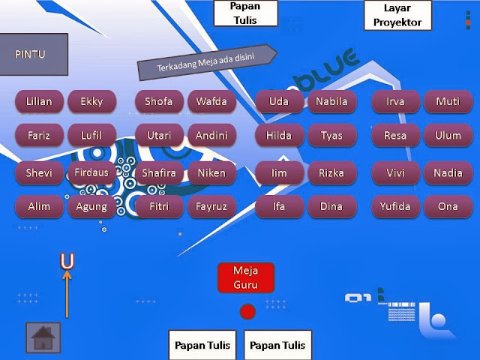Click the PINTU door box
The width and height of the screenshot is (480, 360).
[x=34, y=54]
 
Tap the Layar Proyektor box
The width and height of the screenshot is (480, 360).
[x=403, y=15]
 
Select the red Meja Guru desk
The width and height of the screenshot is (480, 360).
[x=245, y=277]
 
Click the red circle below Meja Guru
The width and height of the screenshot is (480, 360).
[x=247, y=311]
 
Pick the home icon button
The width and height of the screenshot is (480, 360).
[x=43, y=338]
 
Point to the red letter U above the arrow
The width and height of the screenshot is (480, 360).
[x=67, y=261]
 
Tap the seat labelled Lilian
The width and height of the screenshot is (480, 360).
[x=39, y=101]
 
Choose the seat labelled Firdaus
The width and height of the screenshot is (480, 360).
[x=91, y=172]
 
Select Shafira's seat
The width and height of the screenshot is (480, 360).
[x=159, y=172]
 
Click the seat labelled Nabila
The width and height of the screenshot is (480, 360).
[x=331, y=101]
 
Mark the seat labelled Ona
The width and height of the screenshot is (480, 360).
[x=448, y=206]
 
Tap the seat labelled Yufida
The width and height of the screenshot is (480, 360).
[x=395, y=206]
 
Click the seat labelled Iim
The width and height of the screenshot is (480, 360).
[x=279, y=172]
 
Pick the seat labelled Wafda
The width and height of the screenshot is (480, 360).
[x=211, y=101]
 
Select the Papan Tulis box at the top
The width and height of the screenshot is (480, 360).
[x=245, y=13]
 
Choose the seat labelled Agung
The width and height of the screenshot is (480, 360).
[x=91, y=206]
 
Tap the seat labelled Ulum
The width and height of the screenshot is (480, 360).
[x=448, y=136]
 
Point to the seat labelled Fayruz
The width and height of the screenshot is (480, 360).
[x=211, y=206]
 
